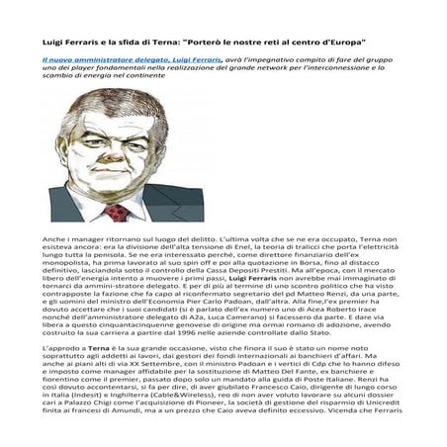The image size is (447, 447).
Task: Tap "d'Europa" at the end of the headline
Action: (337, 44)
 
